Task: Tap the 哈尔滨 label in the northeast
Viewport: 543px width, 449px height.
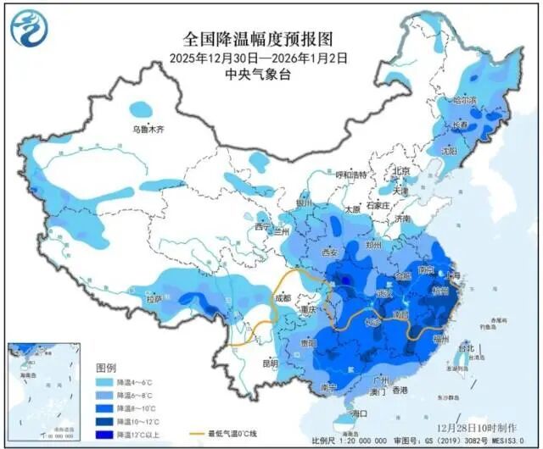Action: [x=466, y=100]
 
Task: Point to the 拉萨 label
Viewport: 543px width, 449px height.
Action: [x=154, y=299]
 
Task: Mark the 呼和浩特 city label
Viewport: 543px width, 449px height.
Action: [x=350, y=175]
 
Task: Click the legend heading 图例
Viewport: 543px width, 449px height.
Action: [x=106, y=368]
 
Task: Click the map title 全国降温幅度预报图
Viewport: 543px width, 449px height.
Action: [x=257, y=40]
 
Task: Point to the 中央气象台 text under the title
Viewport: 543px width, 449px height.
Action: [x=257, y=74]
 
